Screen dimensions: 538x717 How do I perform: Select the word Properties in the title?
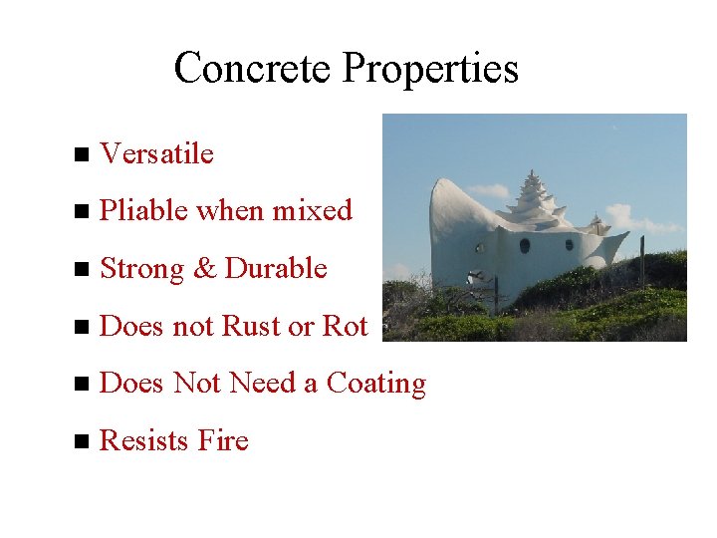coord(430,69)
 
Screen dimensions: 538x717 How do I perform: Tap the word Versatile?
coord(157,153)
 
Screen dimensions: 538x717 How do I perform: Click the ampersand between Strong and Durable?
coord(206,269)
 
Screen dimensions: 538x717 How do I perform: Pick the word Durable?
coord(276,269)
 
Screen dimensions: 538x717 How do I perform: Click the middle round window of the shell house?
coord(525,245)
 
